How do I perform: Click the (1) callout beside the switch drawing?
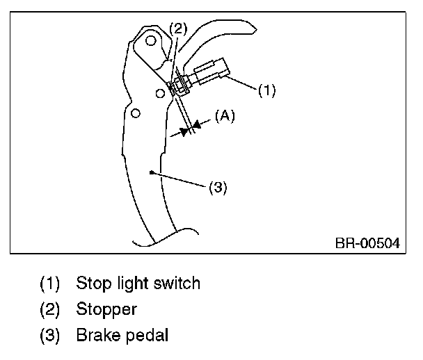(x=267, y=90)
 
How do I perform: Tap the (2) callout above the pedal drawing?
(x=179, y=28)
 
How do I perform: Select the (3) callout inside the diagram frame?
(x=218, y=188)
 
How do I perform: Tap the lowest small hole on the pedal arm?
(x=135, y=112)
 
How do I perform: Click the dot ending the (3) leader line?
(x=151, y=170)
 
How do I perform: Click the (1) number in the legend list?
(x=50, y=284)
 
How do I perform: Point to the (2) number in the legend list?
(x=50, y=309)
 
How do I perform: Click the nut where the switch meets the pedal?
(x=177, y=85)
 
